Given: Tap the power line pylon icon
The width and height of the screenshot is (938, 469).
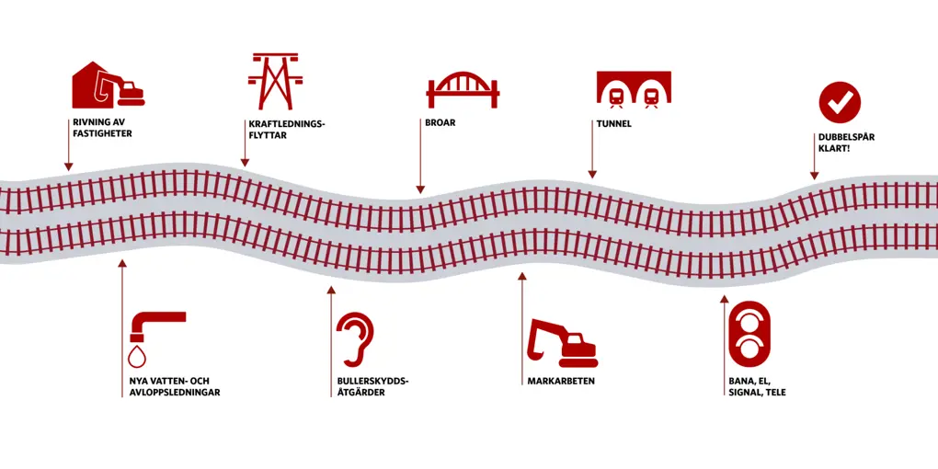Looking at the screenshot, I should click(275, 82).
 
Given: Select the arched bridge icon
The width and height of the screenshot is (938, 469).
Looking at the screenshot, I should click(463, 88).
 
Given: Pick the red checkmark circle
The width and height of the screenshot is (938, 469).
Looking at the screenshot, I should click(840, 102).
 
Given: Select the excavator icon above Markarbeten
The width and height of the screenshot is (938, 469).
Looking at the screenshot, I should click(562, 343).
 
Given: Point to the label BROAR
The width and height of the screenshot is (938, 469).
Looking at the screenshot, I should click(440, 122).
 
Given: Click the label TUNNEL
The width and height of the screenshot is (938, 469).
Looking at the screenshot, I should click(613, 122).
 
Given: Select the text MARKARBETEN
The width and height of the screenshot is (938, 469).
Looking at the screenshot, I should click(561, 381).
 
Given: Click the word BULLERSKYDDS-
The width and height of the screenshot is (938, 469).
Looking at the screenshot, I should click(372, 381).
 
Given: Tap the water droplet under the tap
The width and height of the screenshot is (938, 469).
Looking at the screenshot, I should click(137, 355).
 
